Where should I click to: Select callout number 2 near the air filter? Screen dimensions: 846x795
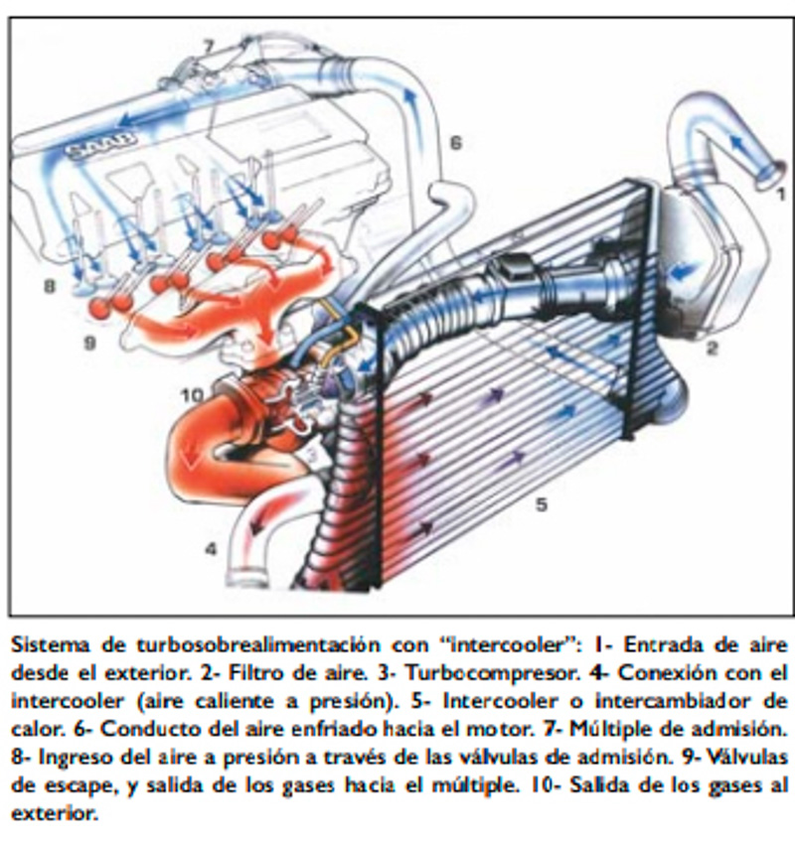(x=712, y=348)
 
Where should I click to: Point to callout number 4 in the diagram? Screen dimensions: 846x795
(x=211, y=547)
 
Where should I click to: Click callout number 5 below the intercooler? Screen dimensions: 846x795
(x=542, y=503)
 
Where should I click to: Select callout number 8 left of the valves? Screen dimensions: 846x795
(x=48, y=287)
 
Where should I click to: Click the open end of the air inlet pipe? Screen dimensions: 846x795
(x=766, y=177)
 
